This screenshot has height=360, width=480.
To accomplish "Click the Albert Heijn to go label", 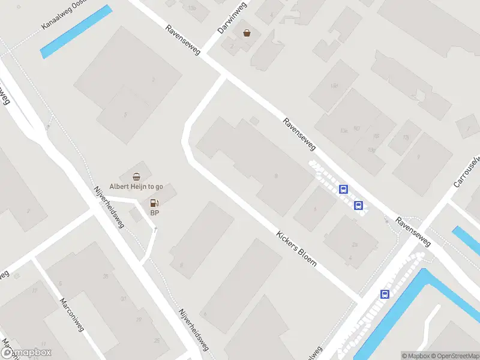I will coord(136,187).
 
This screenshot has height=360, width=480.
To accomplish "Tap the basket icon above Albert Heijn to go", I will coord(136,176).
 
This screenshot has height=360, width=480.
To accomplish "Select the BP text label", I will coord(155,213).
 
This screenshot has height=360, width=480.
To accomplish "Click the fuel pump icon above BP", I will coord(155,203).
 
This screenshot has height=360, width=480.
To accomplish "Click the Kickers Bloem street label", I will coord(296,250).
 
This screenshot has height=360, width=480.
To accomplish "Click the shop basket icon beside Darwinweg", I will coord(247,33).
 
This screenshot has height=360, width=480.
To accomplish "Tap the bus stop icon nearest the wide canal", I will coord(385,294).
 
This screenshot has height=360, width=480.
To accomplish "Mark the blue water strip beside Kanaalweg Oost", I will coord(76,32).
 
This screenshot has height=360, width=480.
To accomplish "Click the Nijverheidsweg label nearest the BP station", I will coord(109,207).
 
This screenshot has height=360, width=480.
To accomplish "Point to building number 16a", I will coord(334,86).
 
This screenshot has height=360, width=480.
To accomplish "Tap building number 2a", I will coord(355,245).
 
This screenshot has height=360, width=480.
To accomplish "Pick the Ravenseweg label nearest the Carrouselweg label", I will coord(414,232).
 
